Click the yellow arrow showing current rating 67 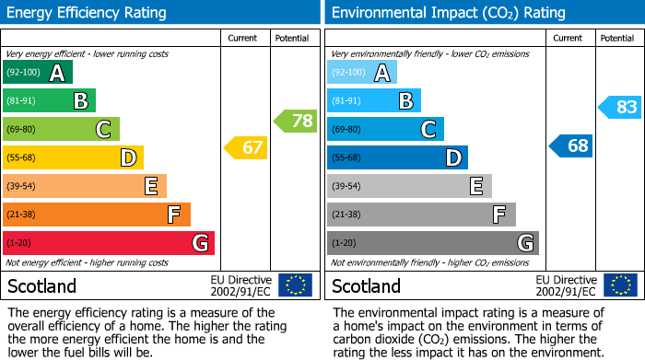tap(246, 147)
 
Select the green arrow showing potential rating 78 tap(295, 121)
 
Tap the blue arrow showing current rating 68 tap(571, 145)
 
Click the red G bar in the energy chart tap(109, 243)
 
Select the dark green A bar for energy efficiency tap(38, 73)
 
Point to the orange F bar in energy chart tap(97, 215)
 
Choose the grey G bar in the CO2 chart tap(433, 243)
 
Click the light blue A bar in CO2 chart tap(362, 73)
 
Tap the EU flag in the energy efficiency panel tap(295, 285)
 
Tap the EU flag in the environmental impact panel tap(621, 285)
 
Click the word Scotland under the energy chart tap(41, 286)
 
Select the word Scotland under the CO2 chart tap(366, 286)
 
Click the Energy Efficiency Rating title tap(88, 13)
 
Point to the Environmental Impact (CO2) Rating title tap(448, 13)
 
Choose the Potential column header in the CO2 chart tap(616, 38)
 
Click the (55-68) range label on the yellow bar tap(22, 158)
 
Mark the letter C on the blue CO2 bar tap(428, 130)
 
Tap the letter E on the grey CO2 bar tap(476, 187)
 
